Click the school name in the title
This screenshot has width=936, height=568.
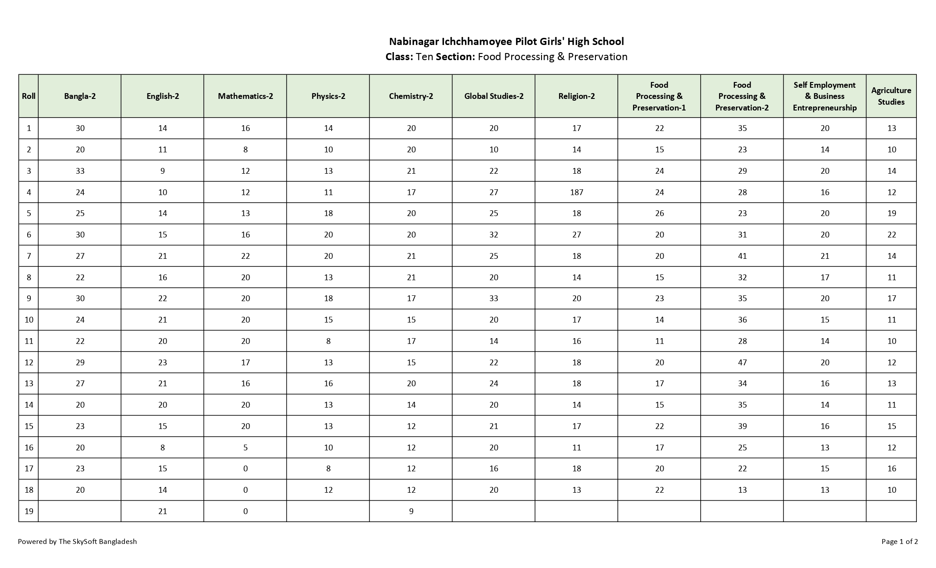pos(506,41)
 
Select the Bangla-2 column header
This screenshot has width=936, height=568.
pos(80,96)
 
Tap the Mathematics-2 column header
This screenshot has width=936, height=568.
pos(245,96)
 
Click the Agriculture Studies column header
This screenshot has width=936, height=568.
pos(891,96)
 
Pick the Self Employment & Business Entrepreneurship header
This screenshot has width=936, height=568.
pos(825,96)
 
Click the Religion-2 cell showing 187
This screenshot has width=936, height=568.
pos(576,192)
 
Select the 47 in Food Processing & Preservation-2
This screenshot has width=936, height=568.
pos(742,363)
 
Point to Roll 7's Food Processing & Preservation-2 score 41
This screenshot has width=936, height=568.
pos(742,256)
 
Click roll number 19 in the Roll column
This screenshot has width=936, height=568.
pos(29,511)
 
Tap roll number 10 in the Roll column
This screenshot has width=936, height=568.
pos(29,320)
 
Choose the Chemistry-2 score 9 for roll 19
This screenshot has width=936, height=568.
pos(411,511)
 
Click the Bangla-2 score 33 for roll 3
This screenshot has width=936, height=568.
pos(80,171)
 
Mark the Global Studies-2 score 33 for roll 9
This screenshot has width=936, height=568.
pos(493,298)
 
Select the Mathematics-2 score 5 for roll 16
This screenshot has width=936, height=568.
pos(245,448)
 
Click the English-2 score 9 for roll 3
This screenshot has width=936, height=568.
pos(163,171)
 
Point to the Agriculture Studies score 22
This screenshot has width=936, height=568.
pos(891,235)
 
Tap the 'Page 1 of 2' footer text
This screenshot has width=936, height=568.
pos(899,542)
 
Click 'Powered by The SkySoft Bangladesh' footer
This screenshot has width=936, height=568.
pos(77,542)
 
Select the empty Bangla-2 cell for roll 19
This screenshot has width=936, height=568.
pos(80,511)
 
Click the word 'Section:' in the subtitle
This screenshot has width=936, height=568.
pos(455,57)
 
